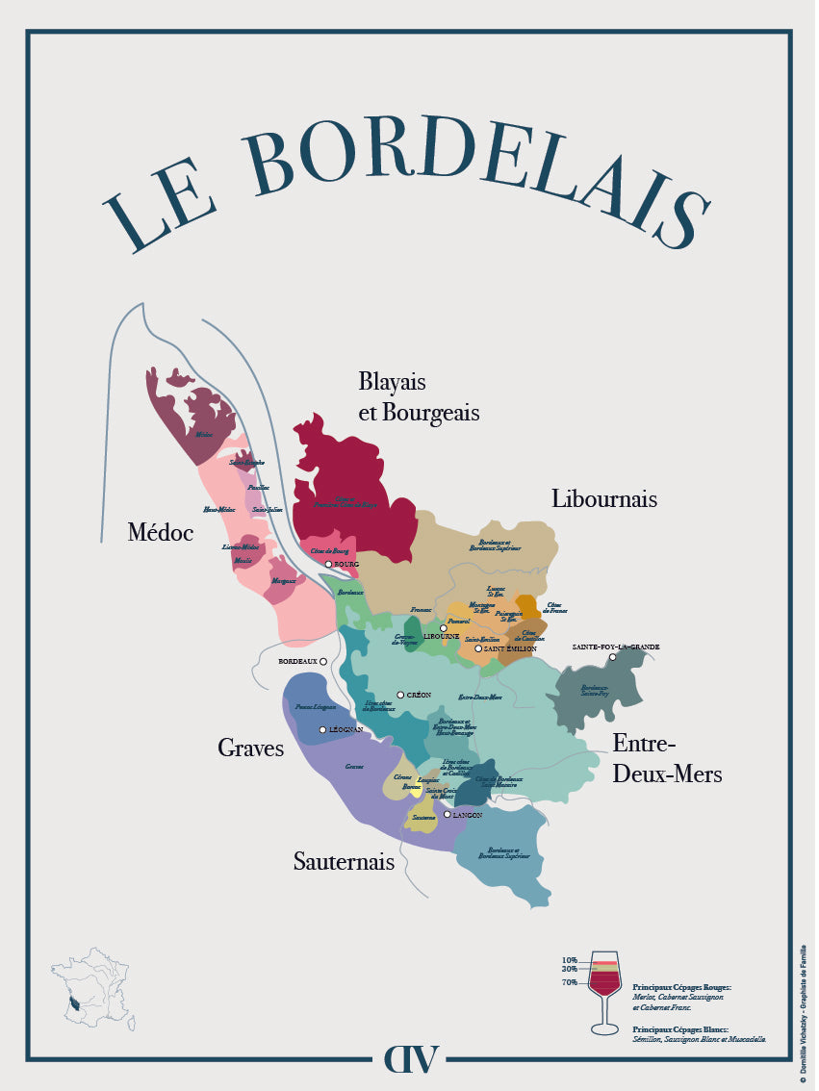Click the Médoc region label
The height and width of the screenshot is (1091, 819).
(161, 532)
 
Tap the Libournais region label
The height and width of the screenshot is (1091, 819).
(603, 498)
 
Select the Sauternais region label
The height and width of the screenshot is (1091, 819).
(344, 862)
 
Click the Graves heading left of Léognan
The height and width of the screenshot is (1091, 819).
(250, 748)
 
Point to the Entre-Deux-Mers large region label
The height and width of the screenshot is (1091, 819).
(667, 758)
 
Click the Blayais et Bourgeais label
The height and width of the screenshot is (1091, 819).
(419, 396)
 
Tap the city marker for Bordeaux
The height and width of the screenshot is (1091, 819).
(323, 661)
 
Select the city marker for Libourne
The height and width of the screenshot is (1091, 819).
(444, 628)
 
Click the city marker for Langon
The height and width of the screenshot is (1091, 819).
(448, 815)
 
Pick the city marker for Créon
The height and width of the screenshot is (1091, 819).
(400, 695)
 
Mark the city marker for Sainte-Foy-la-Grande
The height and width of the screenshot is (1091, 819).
(612, 657)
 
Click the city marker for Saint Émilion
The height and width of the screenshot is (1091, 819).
(478, 649)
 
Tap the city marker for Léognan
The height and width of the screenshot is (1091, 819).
(323, 729)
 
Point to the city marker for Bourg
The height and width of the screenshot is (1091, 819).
(328, 564)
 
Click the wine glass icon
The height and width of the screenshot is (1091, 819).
(604, 991)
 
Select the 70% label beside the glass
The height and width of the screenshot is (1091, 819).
(571, 982)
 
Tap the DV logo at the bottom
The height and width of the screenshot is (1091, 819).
(411, 1057)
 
